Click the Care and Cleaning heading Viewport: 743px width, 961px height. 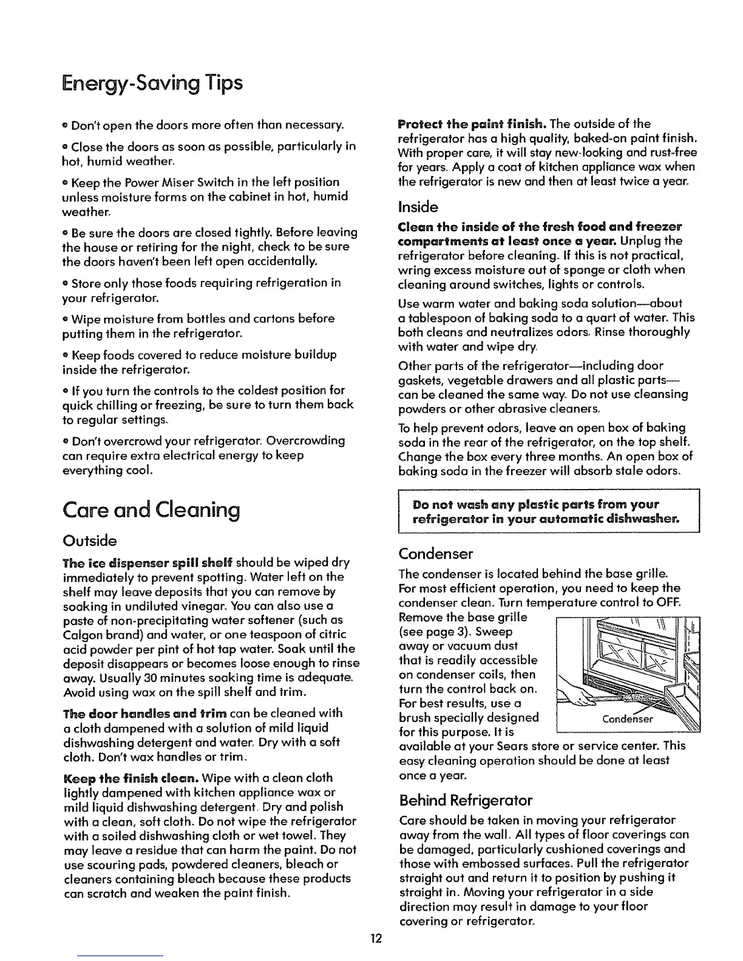(x=151, y=510)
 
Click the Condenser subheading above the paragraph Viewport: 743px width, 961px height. (x=435, y=554)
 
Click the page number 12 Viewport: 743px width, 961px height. (x=376, y=939)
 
